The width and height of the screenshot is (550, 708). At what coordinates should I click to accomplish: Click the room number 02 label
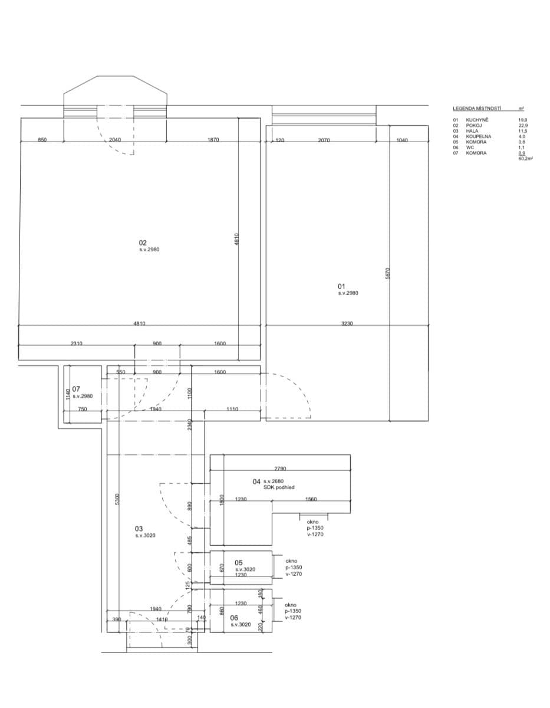coord(143,242)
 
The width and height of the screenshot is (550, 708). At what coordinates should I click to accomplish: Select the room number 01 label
coord(341,286)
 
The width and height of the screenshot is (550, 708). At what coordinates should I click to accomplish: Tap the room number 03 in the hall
coord(139,529)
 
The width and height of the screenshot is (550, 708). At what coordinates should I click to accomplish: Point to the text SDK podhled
coord(279,488)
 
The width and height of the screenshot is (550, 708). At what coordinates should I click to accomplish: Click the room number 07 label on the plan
coord(76,389)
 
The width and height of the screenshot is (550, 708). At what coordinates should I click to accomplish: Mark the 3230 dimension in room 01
coord(347,323)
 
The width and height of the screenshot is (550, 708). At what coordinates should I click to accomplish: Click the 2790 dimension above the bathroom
coord(280,468)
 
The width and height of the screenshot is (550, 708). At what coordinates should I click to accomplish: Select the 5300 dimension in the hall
coord(117,499)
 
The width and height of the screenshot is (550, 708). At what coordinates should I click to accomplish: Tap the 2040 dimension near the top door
coord(116,140)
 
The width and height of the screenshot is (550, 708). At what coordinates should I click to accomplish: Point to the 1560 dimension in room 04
coord(311,499)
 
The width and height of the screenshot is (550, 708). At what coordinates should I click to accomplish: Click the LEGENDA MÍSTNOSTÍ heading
coord(477,109)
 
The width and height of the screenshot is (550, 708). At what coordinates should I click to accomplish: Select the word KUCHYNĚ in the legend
coord(477,120)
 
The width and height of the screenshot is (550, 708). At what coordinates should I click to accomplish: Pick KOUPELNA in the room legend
coord(479,136)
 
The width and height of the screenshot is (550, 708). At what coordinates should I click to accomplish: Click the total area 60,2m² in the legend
coord(525,158)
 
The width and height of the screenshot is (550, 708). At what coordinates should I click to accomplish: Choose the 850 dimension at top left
coord(42,140)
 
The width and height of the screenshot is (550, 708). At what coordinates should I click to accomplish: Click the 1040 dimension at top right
coord(402,140)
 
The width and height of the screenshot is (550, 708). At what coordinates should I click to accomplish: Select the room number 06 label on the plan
coord(234,617)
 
